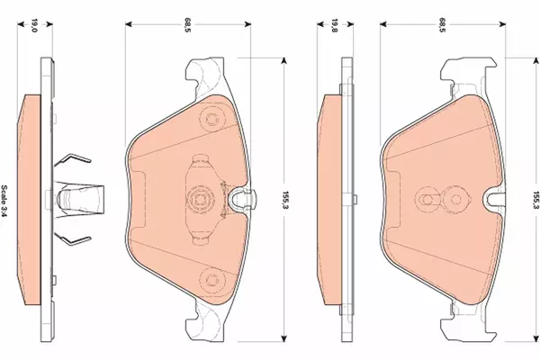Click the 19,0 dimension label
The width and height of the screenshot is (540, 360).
(x=34, y=25)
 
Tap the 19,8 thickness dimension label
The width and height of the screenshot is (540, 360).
(x=335, y=25)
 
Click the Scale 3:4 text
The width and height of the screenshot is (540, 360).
(x=4, y=201)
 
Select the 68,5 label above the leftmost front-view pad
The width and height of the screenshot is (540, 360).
(x=188, y=25)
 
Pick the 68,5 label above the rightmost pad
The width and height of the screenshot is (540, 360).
(x=442, y=25)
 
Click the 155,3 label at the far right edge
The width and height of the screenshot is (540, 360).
(x=535, y=201)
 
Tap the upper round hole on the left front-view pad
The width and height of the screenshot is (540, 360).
(x=211, y=120)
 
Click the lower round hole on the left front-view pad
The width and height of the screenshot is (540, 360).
(x=211, y=279)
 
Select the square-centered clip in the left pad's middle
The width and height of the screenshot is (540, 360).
(x=199, y=200)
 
